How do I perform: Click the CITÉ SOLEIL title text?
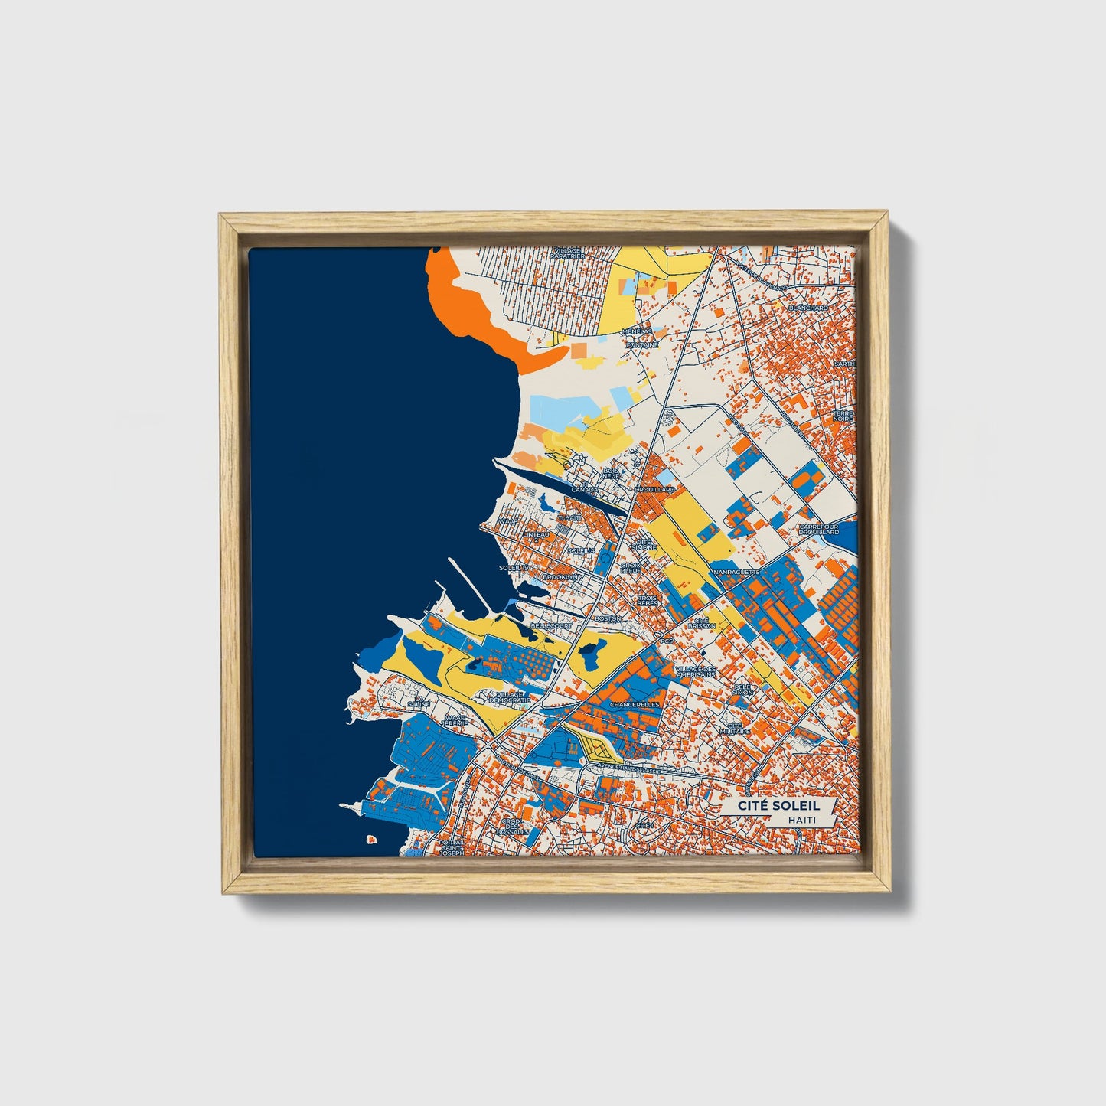pos(778,806)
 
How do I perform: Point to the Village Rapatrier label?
pos(566,253)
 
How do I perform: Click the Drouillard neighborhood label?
pos(654,489)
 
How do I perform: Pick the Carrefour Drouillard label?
pos(819,529)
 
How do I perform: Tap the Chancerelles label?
pos(635,703)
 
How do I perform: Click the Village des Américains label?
pos(696,671)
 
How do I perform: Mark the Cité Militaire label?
pos(735,728)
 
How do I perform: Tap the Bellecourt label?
pos(551,625)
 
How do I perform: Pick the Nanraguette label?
pos(736,572)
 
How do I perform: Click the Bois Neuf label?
pos(611,473)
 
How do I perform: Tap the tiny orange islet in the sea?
pos(371,839)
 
